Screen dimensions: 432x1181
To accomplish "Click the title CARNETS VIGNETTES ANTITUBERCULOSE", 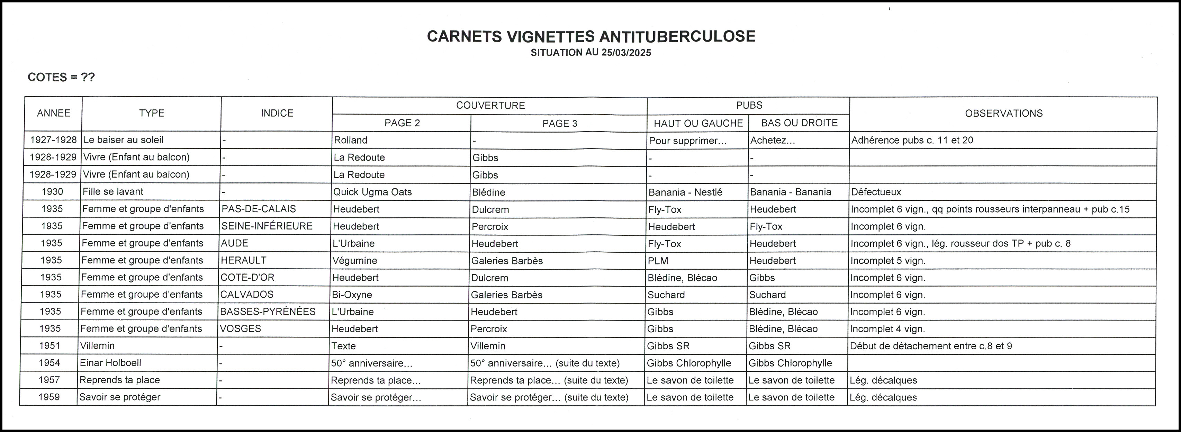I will [591, 36].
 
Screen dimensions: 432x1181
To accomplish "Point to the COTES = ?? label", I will [61, 77].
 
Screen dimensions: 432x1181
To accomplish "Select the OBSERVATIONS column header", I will [1003, 113].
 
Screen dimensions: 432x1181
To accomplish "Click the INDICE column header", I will [277, 113].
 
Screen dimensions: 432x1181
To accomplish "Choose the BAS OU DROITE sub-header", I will [799, 123].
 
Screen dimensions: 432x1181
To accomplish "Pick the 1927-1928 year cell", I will [53, 140].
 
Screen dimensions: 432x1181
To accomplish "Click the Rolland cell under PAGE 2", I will [351, 140].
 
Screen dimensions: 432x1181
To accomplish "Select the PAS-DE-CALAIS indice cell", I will [259, 209].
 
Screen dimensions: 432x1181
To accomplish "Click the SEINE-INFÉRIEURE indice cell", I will [267, 226].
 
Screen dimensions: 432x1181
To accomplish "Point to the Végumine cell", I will [355, 261].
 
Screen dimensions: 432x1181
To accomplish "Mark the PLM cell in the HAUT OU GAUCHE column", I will [658, 261].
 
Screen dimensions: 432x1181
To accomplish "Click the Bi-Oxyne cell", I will [352, 295].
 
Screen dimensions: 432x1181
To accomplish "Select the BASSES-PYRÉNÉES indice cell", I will [268, 312].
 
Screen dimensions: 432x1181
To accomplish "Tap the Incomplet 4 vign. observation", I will [887, 329].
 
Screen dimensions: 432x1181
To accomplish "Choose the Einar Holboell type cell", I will [110, 363].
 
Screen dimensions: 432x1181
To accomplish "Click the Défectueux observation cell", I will [876, 192].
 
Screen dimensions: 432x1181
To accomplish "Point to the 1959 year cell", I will [49, 397].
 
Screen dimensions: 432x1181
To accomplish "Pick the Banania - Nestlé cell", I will [685, 192].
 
